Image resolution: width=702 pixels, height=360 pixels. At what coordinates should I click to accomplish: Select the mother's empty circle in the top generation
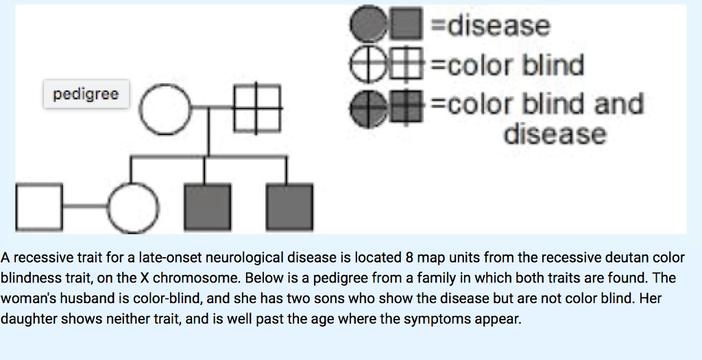[166, 109]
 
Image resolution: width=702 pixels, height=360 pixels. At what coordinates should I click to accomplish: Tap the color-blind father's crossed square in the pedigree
[257, 109]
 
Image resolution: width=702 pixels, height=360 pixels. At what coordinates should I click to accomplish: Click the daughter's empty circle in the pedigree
[133, 208]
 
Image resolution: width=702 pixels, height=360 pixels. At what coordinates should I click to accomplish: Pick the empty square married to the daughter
[40, 208]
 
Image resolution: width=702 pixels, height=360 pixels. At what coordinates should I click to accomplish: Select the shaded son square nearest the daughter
[206, 208]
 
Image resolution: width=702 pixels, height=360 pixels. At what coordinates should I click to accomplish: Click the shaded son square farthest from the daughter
[289, 208]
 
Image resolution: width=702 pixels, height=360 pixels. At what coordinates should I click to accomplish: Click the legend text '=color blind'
[507, 66]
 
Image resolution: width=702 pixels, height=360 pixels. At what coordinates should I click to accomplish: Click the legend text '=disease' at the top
[489, 27]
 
